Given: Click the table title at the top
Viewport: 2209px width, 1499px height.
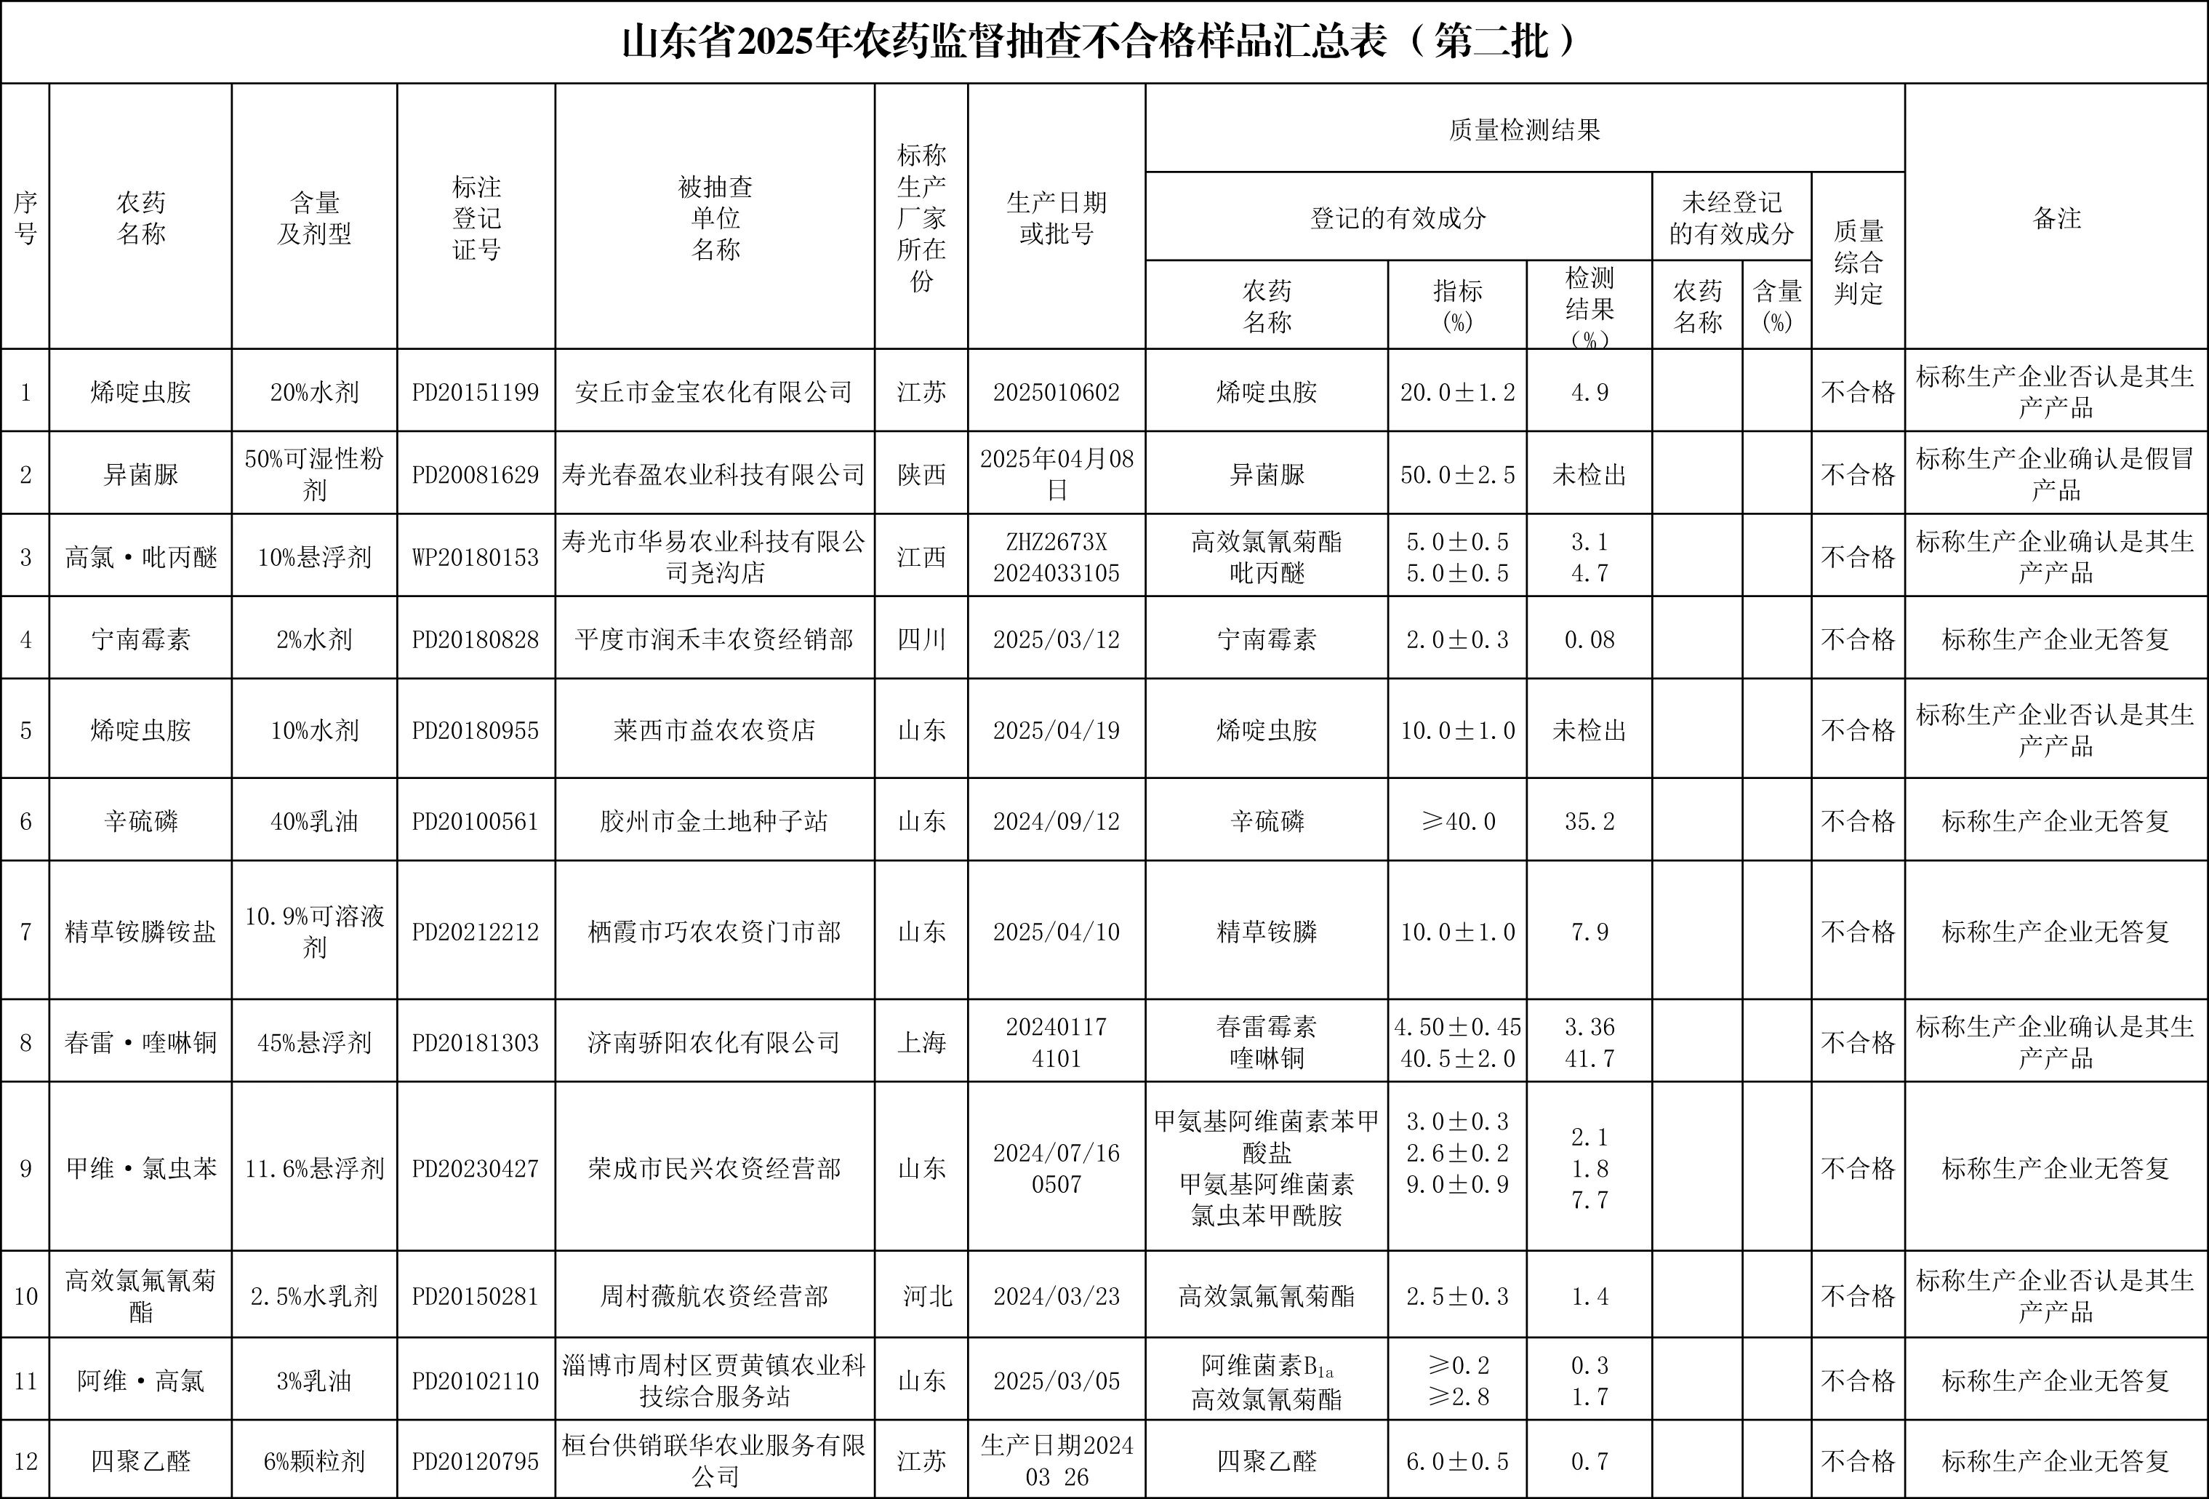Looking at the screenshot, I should pyautogui.click(x=1102, y=43).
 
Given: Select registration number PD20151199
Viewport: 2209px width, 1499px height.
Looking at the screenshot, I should pyautogui.click(x=476, y=393).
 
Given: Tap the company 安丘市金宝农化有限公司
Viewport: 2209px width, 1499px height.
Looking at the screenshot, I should pyautogui.click(x=714, y=393).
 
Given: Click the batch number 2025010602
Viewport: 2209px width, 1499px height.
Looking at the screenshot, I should pyautogui.click(x=1056, y=393).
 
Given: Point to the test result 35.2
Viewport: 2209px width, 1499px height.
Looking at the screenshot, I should pyautogui.click(x=1589, y=821).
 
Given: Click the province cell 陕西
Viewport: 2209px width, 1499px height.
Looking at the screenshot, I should pyautogui.click(x=921, y=474).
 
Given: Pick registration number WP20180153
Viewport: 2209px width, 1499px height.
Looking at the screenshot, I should pyautogui.click(x=476, y=558).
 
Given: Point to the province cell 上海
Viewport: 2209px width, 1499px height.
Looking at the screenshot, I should pyautogui.click(x=921, y=1043).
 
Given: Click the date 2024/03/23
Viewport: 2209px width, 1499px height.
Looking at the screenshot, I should pyautogui.click(x=1056, y=1297).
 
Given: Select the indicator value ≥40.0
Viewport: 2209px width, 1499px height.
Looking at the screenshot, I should pyautogui.click(x=1457, y=821).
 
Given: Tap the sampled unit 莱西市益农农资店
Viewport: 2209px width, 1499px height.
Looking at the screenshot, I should pyautogui.click(x=714, y=730).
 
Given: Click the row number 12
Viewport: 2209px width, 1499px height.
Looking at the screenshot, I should pyautogui.click(x=25, y=1461).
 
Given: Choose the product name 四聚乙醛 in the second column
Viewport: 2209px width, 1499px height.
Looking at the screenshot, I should pyautogui.click(x=140, y=1461).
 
